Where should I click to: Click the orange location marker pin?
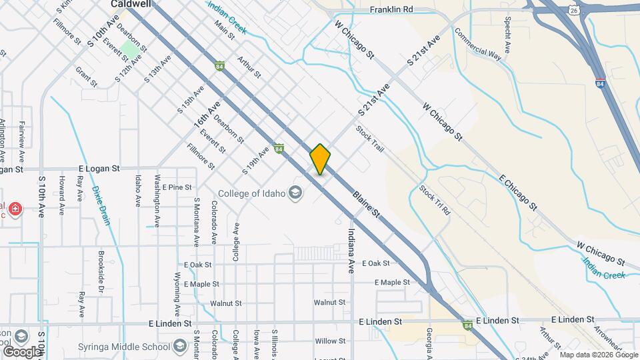tap(320, 159)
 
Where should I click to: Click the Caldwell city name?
tap(130, 3)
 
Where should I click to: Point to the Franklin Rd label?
tap(391, 10)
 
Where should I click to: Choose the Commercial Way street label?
tap(477, 44)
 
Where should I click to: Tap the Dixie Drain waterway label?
tap(101, 205)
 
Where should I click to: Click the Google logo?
tap(22, 351)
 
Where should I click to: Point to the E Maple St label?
tap(392, 283)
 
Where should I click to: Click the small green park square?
tap(130, 50)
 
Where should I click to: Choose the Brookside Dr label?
tap(101, 273)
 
